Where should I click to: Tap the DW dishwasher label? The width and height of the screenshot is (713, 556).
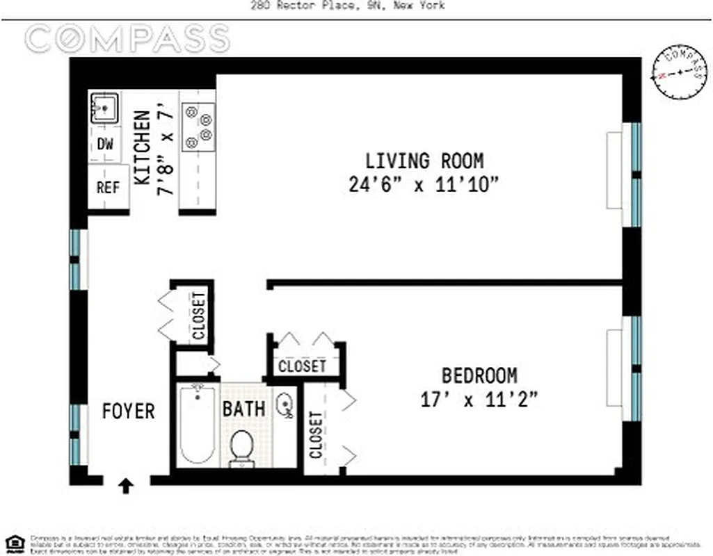tap(105, 145)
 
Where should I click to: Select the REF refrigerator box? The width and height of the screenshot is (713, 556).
tap(108, 187)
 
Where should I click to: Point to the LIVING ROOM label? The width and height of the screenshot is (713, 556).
tap(424, 161)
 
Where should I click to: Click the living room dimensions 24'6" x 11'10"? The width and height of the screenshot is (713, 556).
tap(424, 185)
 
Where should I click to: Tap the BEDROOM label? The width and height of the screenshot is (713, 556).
tap(479, 376)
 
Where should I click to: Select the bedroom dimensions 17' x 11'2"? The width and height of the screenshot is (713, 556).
tap(479, 400)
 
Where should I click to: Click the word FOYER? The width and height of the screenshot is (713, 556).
tap(128, 411)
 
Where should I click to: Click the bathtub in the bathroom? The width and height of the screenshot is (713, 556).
tap(197, 425)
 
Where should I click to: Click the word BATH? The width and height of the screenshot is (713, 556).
tap(243, 408)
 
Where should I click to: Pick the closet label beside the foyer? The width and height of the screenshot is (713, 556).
tap(199, 316)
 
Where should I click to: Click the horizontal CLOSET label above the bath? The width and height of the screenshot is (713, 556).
tap(302, 366)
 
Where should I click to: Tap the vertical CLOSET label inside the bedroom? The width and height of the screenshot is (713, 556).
tap(317, 435)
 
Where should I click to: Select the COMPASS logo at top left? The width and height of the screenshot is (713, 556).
tap(128, 38)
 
